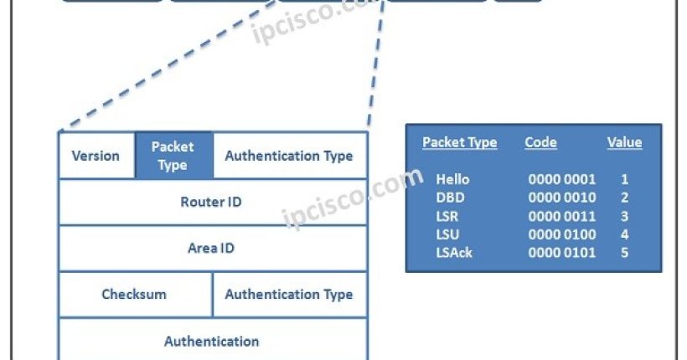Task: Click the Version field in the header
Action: click(96, 156)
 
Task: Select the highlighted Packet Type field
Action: click(173, 156)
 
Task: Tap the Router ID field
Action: click(212, 202)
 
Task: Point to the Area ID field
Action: click(211, 248)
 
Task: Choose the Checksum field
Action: click(134, 294)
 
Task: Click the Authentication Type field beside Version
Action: click(289, 156)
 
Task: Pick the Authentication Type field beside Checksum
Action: click(289, 294)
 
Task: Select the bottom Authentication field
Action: click(212, 341)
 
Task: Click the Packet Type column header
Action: click(459, 142)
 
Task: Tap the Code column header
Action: click(540, 142)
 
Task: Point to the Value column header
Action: click(624, 142)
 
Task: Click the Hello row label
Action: click(453, 179)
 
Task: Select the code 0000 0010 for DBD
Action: click(562, 198)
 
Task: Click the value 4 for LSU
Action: click(624, 234)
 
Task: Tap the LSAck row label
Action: click(454, 252)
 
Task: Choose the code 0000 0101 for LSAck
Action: click(562, 252)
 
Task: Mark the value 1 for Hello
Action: click(624, 179)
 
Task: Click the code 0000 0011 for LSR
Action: click(562, 216)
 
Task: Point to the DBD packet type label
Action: click(450, 198)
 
